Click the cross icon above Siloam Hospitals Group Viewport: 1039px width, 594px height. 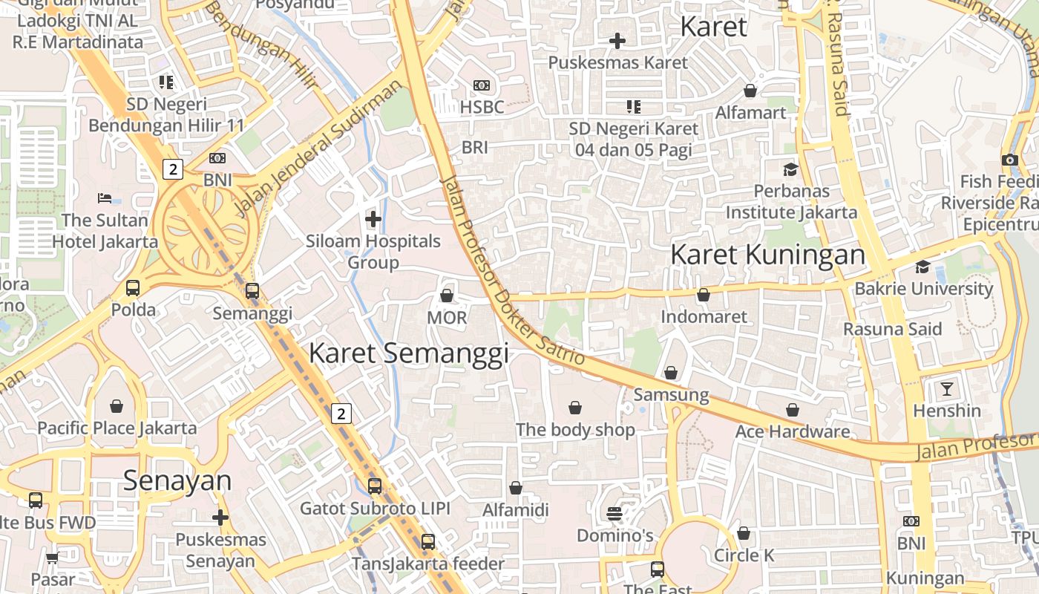pos(373,219)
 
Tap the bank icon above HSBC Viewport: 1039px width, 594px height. pos(482,85)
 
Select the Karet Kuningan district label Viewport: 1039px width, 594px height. pos(767,255)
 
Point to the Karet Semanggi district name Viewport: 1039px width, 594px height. pos(408,353)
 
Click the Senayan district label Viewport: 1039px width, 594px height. pos(177,480)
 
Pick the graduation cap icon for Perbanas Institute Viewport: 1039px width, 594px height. pos(790,169)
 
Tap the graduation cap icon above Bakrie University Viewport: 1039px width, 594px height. pos(923,267)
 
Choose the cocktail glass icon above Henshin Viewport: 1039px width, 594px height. pos(946,388)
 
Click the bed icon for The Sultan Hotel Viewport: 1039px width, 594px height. pos(105,198)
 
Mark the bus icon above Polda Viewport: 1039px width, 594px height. pos(133,288)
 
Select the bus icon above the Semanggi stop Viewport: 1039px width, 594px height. pos(252,291)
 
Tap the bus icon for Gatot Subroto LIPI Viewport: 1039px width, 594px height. pos(375,486)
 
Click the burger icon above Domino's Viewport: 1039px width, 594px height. pos(614,513)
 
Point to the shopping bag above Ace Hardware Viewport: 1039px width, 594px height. pos(793,410)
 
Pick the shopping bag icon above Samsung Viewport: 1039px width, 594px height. pos(671,373)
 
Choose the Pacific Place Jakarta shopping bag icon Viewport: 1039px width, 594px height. pos(117,406)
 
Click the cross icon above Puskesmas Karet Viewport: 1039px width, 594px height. pos(617,41)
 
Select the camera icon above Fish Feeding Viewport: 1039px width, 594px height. pos(1009,160)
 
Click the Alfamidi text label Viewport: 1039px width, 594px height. pos(516,510)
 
